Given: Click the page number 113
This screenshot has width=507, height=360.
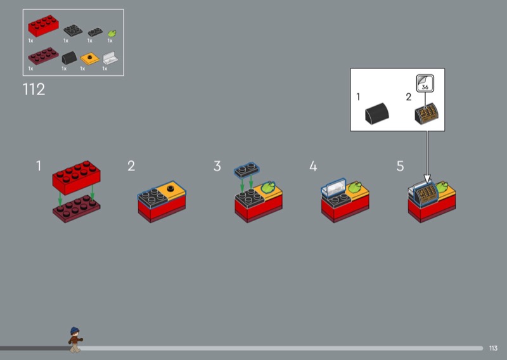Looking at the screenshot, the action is click(493, 348).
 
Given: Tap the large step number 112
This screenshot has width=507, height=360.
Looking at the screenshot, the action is click(34, 89).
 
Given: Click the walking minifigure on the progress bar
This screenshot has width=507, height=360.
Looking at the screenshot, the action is click(75, 340).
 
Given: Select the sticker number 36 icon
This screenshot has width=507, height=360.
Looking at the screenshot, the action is click(425, 84).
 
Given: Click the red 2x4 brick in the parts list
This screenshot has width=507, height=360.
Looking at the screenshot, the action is click(43, 26).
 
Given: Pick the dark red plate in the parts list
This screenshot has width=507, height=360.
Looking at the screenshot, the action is click(43, 56).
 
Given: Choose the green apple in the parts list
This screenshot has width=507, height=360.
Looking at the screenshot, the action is click(112, 34).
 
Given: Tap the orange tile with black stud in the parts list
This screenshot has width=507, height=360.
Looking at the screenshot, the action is click(89, 58).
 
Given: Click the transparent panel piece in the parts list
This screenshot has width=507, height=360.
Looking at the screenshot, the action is click(110, 58).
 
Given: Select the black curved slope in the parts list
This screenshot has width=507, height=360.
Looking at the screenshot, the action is click(70, 58).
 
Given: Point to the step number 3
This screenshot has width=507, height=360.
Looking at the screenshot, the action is click(217, 166).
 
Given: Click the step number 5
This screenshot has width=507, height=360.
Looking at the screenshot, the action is click(400, 166).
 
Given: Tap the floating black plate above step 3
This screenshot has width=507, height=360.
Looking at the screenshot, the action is click(247, 170).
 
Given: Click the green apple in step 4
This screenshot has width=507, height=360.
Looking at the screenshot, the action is click(355, 187).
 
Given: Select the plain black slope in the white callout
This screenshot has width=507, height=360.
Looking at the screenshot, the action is click(376, 113).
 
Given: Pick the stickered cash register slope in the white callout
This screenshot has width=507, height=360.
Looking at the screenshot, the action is click(427, 113).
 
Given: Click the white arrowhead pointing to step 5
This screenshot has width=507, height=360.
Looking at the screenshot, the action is click(427, 179).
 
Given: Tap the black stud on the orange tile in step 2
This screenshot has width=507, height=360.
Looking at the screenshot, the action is click(170, 188).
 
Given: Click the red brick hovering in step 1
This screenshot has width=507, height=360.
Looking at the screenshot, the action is click(76, 177).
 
